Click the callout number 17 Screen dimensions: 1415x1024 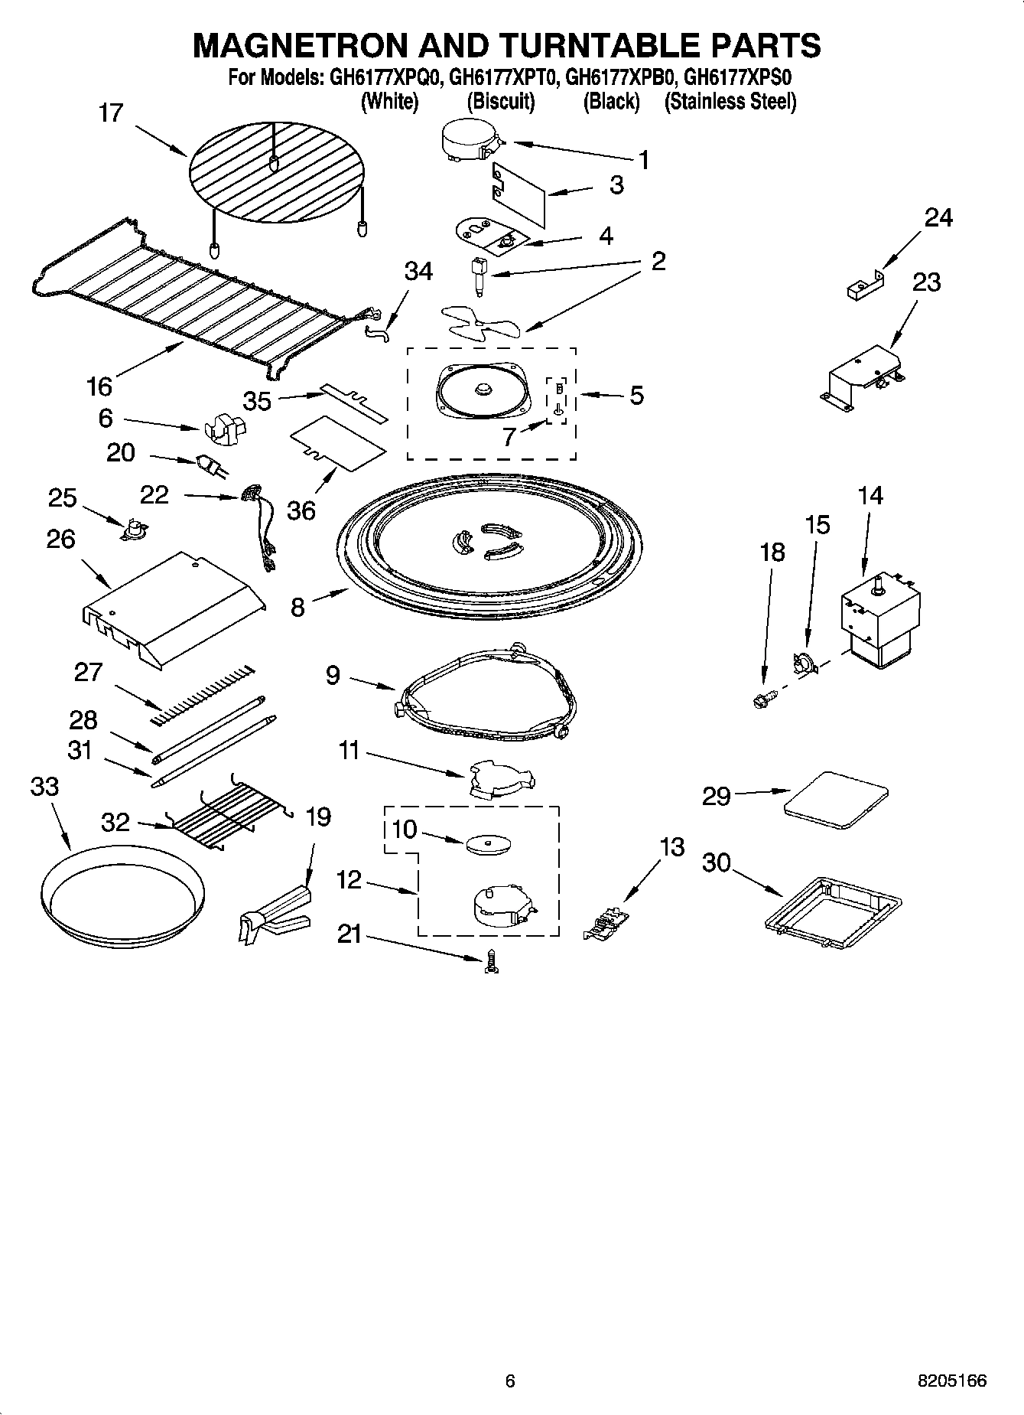click(111, 113)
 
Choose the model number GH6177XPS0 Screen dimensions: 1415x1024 click(737, 78)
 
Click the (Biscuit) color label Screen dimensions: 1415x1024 click(500, 102)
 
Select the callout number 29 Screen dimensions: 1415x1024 click(717, 796)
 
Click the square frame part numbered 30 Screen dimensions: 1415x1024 click(833, 905)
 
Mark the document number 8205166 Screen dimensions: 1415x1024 click(952, 1381)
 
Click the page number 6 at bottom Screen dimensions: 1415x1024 click(510, 1381)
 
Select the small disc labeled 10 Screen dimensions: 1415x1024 click(488, 844)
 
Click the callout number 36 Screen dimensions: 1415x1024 click(301, 510)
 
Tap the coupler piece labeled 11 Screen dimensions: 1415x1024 click(501, 780)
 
